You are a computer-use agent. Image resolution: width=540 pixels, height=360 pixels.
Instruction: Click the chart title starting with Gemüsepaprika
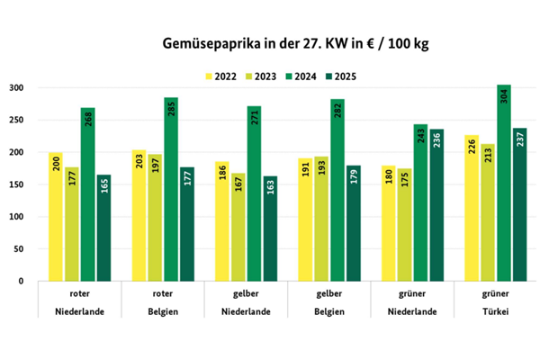pyautogui.click(x=269, y=42)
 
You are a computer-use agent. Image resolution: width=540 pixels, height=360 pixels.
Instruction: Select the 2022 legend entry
pyautogui.click(x=220, y=76)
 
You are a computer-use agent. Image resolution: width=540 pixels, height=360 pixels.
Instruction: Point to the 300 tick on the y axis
pyautogui.click(x=17, y=88)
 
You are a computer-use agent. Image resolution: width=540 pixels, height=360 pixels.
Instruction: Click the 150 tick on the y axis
pyautogui.click(x=17, y=184)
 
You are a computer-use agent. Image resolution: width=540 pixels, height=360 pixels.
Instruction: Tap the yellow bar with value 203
pyautogui.click(x=139, y=216)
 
